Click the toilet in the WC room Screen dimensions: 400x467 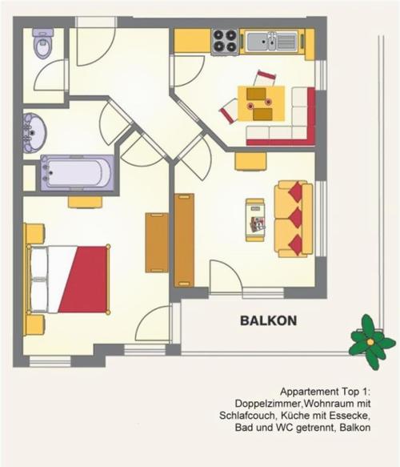click(43, 43)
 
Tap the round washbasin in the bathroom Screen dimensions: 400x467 click(34, 133)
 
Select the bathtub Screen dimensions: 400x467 click(77, 173)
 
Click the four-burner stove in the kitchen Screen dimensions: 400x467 click(225, 42)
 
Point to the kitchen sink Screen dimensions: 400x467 click(272, 42)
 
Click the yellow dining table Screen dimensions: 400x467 click(261, 103)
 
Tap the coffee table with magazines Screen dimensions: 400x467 click(255, 219)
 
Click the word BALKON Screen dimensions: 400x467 click(268, 320)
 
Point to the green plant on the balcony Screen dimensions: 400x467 click(371, 342)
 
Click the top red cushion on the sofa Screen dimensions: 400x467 click(296, 191)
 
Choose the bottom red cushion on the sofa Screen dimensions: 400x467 click(296, 244)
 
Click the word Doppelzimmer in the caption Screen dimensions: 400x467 click(269, 404)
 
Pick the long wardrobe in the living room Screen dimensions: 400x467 click(184, 240)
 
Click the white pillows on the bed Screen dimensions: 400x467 click(39, 279)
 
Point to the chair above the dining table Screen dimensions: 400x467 click(266, 78)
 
